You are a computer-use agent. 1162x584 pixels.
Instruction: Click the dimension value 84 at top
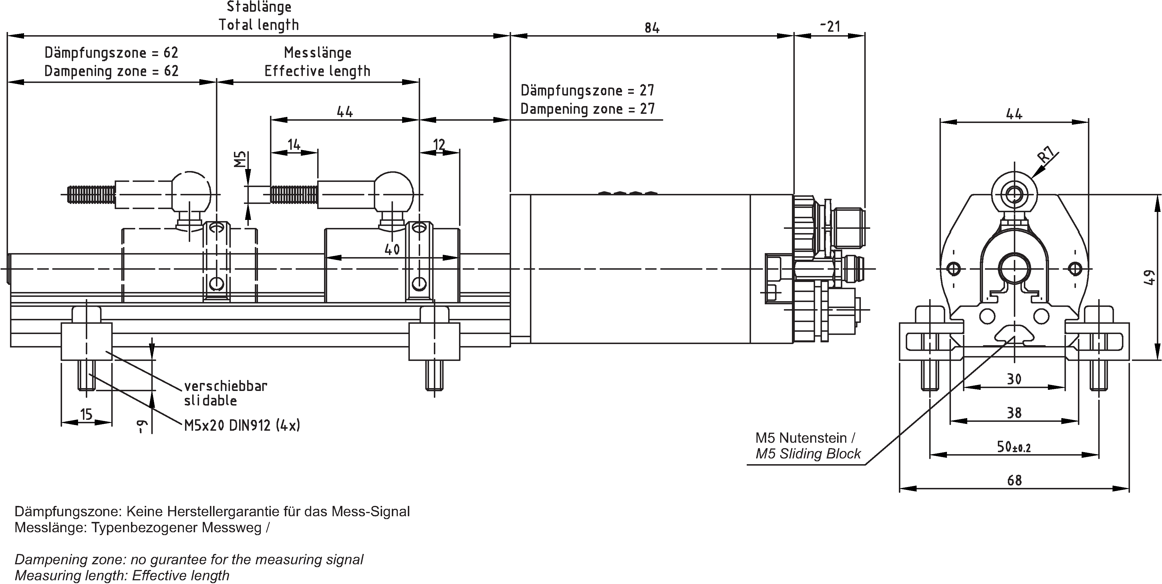coord(651,28)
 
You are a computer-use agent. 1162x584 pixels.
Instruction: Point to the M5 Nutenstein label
coord(805,438)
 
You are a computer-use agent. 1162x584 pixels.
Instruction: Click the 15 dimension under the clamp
coord(86,414)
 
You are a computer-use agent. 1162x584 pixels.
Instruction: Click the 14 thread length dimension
coord(294,145)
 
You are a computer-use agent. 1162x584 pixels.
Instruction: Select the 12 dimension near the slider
coord(439,145)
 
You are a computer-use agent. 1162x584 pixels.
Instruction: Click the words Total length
coord(259,25)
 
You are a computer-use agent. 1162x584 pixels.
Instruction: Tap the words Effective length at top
coord(317,71)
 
